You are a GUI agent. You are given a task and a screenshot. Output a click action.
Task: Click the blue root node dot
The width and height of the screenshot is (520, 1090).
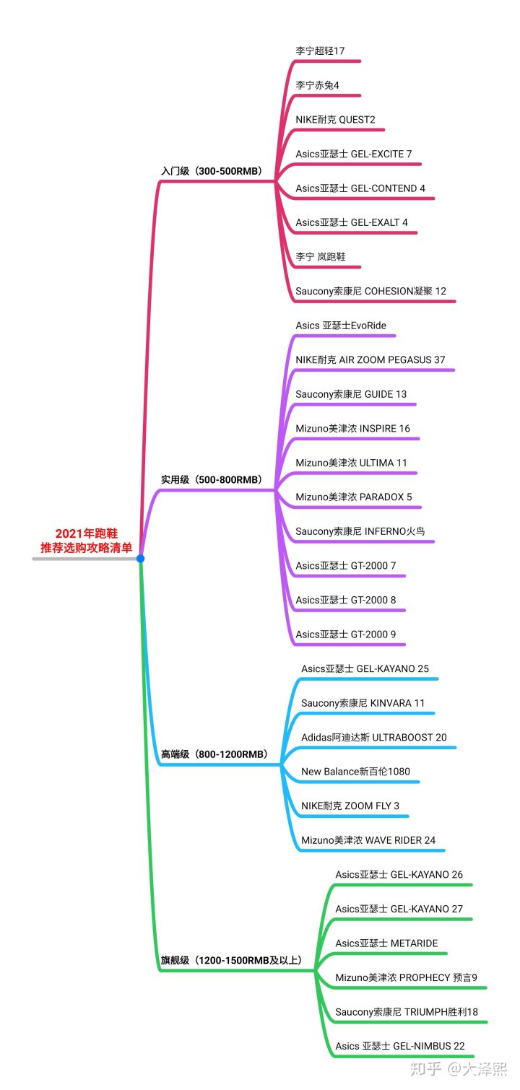point(140,558)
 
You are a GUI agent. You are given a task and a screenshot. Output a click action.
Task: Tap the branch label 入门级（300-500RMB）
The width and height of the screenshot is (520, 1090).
point(211,172)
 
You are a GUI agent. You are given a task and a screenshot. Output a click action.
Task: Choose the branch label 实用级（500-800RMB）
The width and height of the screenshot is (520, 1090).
point(211,479)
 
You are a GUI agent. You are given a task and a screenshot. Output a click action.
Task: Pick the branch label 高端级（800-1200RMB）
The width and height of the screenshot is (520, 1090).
point(214,754)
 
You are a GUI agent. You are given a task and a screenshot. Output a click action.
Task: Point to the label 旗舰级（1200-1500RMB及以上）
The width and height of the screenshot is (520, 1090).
point(231,961)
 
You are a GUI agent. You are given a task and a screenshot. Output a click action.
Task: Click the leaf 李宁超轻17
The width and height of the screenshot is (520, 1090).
point(320,51)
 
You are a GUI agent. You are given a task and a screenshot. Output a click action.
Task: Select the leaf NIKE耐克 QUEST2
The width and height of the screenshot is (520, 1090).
point(335,120)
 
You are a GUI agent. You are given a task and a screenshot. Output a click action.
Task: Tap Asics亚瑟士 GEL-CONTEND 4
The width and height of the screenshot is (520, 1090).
point(360,188)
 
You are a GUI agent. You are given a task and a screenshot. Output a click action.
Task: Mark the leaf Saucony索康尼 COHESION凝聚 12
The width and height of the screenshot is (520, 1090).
point(370,292)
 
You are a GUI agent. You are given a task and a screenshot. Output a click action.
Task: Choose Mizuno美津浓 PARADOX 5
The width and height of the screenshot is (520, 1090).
point(354,497)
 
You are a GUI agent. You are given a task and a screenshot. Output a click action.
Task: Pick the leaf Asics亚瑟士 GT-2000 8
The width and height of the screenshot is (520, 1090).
point(346,600)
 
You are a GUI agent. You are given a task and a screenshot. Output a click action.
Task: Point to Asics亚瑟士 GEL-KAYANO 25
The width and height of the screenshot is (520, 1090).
point(365,669)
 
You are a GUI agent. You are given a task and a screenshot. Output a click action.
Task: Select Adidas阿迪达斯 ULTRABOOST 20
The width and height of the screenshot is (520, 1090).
point(374,738)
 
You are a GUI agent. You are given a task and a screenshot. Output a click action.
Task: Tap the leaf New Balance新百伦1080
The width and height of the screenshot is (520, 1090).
point(355,772)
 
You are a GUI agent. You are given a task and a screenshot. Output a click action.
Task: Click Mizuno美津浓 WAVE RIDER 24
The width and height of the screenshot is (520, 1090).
point(368,840)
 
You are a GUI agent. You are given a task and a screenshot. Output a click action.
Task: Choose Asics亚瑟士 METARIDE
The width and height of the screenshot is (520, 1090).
point(386,943)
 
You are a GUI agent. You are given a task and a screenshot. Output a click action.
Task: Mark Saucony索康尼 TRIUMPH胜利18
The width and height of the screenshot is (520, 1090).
point(407,1012)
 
